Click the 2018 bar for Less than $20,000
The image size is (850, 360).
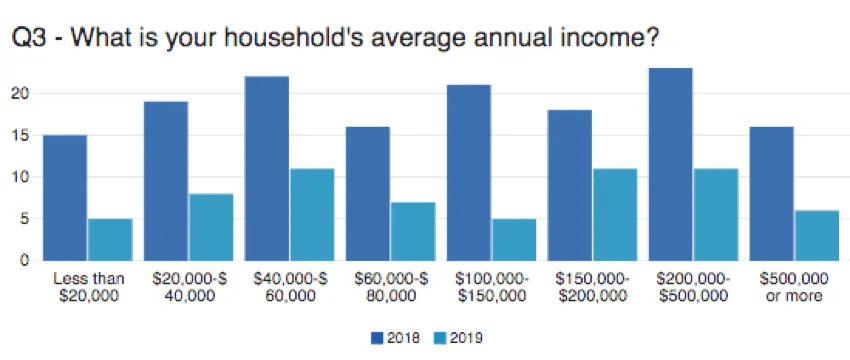click(x=64, y=197)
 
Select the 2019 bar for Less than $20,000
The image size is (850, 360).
click(x=110, y=239)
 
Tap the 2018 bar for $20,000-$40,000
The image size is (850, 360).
click(x=165, y=180)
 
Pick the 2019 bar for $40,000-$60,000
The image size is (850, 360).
click(x=311, y=214)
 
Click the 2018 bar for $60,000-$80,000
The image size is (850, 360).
click(x=367, y=193)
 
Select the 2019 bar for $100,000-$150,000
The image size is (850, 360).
click(x=513, y=239)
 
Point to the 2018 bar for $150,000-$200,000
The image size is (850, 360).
click(x=569, y=184)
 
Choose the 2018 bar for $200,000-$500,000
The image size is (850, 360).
click(x=670, y=164)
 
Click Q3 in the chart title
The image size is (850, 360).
click(x=31, y=40)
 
